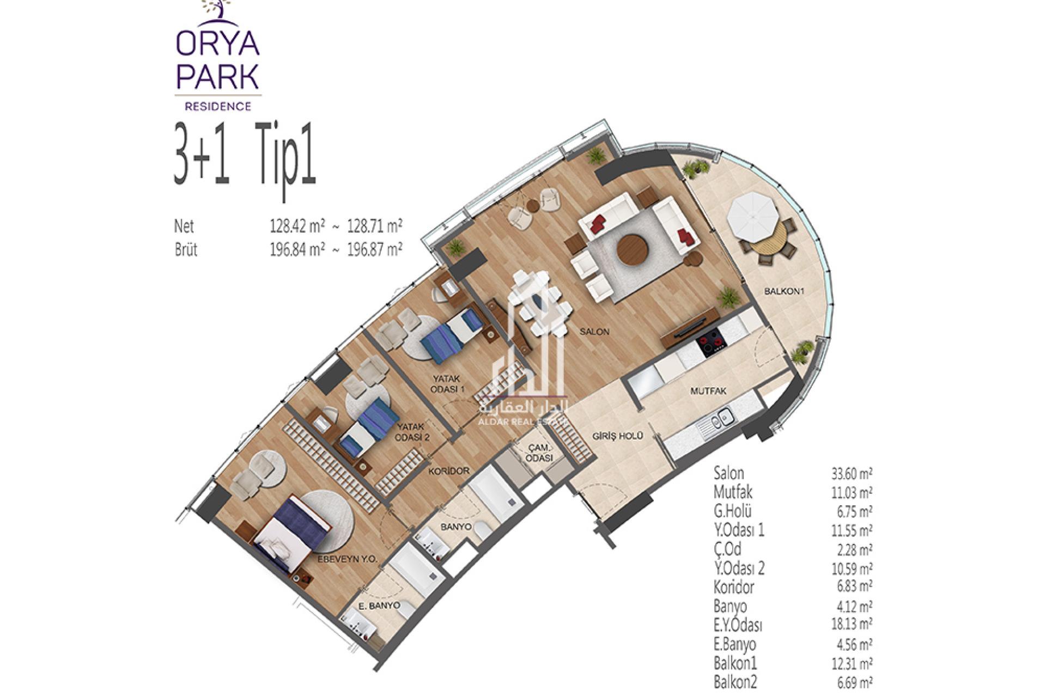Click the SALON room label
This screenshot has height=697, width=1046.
pos(594,331)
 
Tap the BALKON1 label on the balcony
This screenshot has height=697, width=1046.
pos(784,291)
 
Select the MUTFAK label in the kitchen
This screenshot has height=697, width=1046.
pos(708,391)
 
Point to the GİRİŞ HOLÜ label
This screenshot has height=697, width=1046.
pos(618,436)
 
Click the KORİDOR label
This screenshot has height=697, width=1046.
pos(449,470)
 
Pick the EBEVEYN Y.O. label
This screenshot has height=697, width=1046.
pos(348,559)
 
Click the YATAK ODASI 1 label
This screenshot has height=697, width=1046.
pos(447,383)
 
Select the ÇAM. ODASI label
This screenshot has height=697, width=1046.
pos(539,453)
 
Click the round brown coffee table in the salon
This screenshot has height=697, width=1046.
pos(633,249)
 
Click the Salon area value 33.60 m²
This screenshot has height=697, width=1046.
pos(852,474)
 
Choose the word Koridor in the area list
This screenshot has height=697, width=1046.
pos(734,587)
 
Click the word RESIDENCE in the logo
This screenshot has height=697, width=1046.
pos(218,106)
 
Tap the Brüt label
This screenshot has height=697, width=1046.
pos(186,249)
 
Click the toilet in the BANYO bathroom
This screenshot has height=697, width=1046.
pos(481,529)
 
